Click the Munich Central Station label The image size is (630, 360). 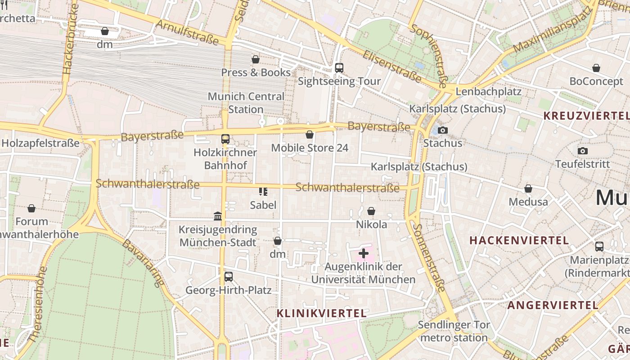(246, 103)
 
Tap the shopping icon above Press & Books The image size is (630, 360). (256, 59)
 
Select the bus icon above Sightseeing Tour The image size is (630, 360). (339, 68)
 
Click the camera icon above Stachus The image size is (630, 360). (443, 130)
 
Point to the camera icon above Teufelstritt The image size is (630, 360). (583, 151)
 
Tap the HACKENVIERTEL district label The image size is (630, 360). (519, 240)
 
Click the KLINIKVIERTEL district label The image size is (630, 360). (321, 313)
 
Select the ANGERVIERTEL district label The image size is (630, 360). (553, 305)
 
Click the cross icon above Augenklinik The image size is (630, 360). (364, 253)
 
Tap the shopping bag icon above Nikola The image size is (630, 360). (371, 211)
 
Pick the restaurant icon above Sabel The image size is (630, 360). (263, 192)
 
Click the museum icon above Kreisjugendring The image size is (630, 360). (218, 216)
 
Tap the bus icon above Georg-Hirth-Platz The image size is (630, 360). (229, 277)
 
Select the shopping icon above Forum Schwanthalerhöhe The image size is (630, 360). (31, 208)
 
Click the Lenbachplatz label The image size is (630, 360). (488, 92)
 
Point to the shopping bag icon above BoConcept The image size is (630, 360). (596, 68)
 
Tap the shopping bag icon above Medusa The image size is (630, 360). (528, 189)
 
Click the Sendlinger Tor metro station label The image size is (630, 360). (453, 331)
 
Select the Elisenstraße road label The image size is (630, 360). (392, 67)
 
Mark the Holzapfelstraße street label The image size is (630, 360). (40, 143)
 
